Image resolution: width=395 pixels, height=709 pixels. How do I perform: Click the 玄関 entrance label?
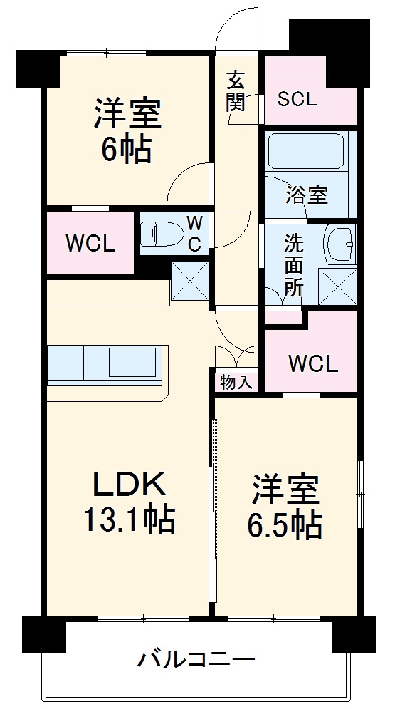click(x=236, y=91)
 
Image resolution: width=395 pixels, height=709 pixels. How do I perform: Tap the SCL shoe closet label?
click(x=297, y=99)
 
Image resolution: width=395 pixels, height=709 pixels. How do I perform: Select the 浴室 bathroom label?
click(x=307, y=193)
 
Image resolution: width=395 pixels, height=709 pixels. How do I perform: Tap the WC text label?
click(x=194, y=234)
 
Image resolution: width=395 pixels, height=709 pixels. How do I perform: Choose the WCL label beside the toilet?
click(x=90, y=244)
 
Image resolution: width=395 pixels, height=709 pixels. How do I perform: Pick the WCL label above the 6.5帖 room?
click(x=312, y=363)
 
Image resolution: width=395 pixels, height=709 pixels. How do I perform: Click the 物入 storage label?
click(x=236, y=382)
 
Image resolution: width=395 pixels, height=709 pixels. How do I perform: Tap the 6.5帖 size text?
click(x=285, y=525)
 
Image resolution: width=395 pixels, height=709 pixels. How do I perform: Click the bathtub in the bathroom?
click(x=307, y=151)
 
